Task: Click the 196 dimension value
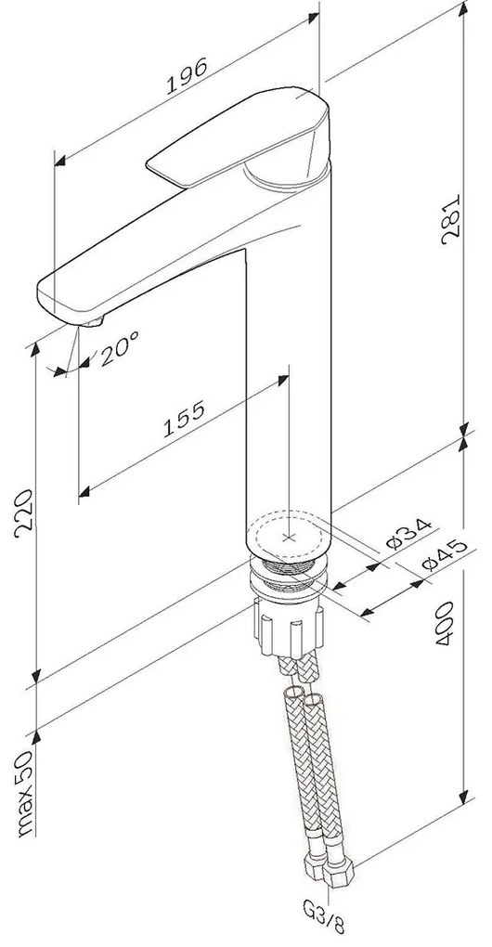(x=187, y=75)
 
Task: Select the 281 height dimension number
(x=451, y=218)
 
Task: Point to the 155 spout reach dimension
(x=184, y=419)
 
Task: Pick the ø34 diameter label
(x=408, y=533)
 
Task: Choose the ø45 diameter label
(x=445, y=554)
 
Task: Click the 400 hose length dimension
(x=446, y=623)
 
